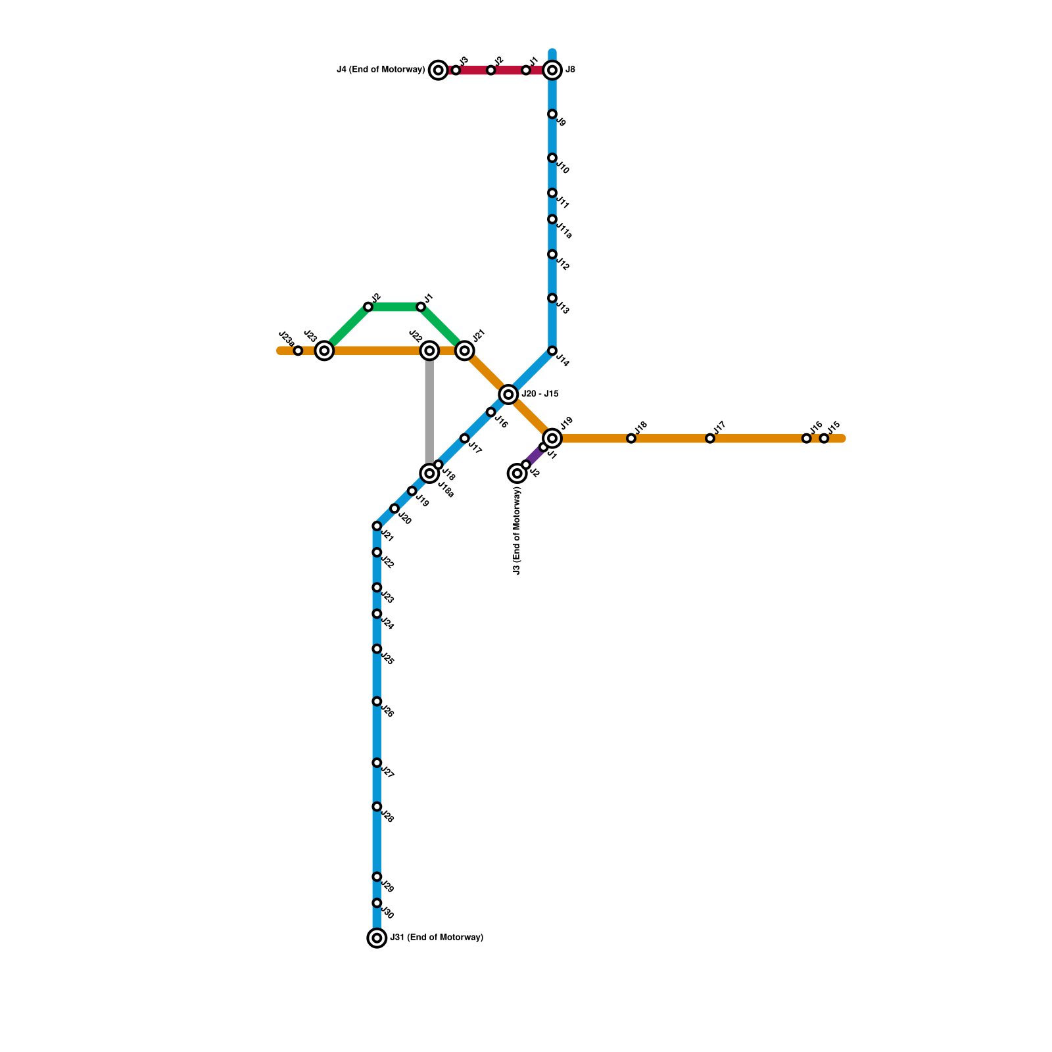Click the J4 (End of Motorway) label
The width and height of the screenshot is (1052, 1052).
381,70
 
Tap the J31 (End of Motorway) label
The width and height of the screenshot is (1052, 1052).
437,938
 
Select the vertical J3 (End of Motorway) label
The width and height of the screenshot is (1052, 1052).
517,531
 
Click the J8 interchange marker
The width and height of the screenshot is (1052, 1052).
552,70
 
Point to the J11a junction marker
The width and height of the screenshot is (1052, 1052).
552,220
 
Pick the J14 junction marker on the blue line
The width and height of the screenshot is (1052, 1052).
552,351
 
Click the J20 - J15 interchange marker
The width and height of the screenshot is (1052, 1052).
508,394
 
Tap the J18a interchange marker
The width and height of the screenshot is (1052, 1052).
429,473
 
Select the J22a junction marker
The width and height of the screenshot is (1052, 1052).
298,351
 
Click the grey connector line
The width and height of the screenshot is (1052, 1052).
429,411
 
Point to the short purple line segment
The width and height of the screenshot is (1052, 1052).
534,456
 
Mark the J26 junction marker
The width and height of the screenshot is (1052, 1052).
377,702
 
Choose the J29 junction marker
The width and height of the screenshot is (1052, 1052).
377,877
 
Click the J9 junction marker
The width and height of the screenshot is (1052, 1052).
552,114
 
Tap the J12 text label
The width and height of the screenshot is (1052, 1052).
562,265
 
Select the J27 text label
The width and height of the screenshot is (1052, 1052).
387,773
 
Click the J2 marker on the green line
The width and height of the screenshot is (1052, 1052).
368,307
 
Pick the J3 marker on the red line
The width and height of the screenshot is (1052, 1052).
456,70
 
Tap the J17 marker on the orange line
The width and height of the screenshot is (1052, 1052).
710,439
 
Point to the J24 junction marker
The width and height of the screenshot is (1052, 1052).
377,614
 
